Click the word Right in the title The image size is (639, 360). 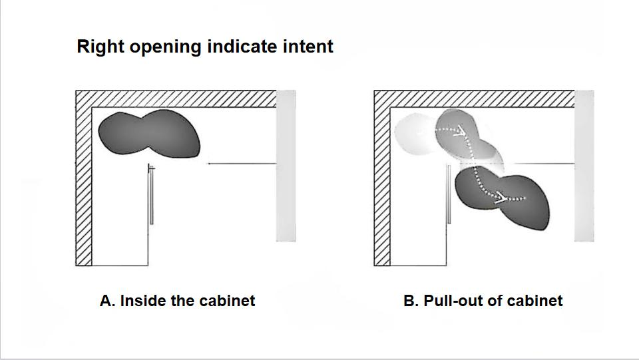tap(101, 47)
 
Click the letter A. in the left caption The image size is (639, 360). tap(107, 301)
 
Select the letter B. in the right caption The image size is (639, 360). tap(411, 301)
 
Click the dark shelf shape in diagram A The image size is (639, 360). tap(149, 133)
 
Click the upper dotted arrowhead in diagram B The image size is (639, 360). tap(461, 130)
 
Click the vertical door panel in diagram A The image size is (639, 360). tap(152, 194)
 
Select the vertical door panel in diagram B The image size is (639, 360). tap(449, 194)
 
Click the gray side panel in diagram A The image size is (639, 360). tap(286, 166)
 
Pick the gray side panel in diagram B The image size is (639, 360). tap(584, 166)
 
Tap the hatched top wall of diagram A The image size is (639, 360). tap(176, 99)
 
